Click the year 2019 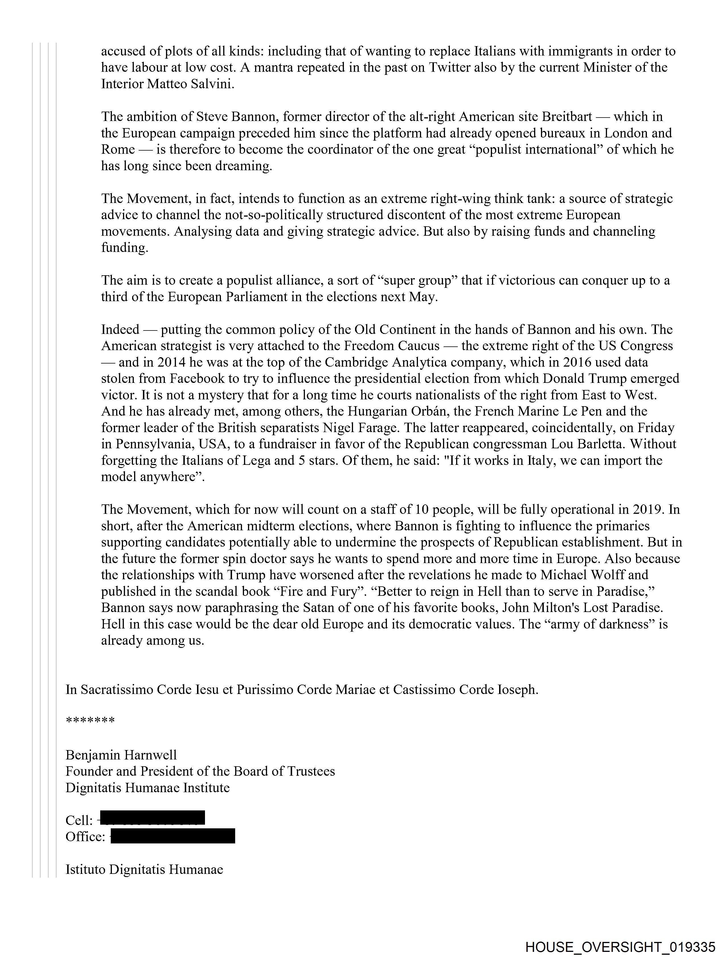tap(649, 510)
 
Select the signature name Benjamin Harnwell tap(121, 755)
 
